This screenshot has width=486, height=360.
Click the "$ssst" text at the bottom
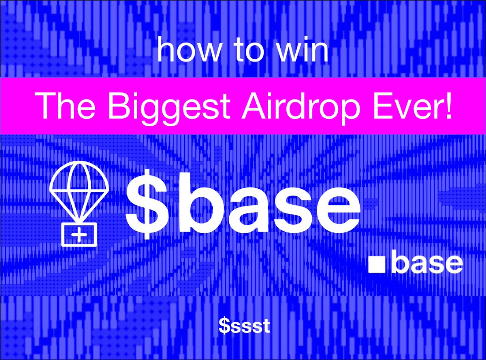click(244, 326)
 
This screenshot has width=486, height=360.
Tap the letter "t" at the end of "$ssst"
click(266, 326)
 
